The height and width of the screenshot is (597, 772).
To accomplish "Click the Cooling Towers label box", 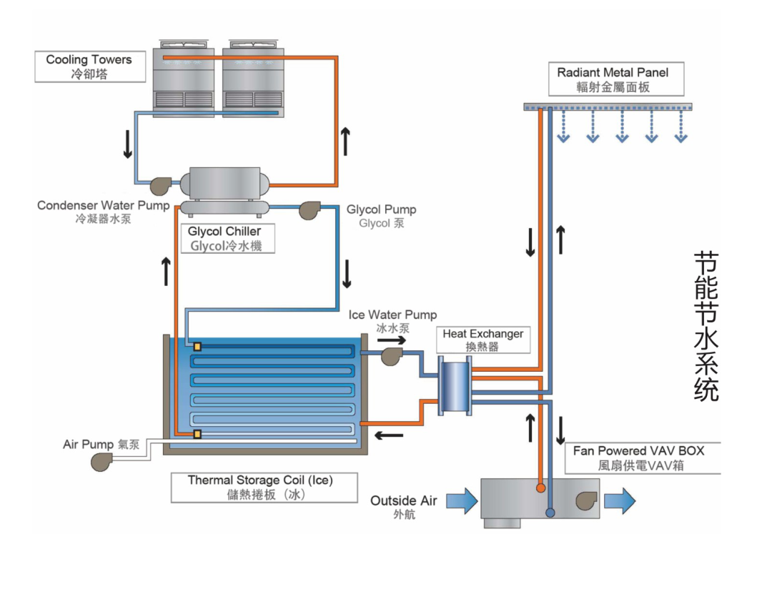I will pos(89,66).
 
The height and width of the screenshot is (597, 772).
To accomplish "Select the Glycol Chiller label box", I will pos(224,239).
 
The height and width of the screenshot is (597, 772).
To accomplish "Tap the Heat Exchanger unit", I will pos(454,386).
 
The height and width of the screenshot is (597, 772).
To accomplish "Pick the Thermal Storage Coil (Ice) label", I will pos(259,487).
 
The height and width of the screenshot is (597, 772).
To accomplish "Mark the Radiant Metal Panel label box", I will pos(613,79).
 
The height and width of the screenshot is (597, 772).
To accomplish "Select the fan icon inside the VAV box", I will pos(587,500).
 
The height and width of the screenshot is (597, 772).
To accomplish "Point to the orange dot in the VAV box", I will pos(541,487).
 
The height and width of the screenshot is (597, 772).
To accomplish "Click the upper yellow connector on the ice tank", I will pos(197,347).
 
